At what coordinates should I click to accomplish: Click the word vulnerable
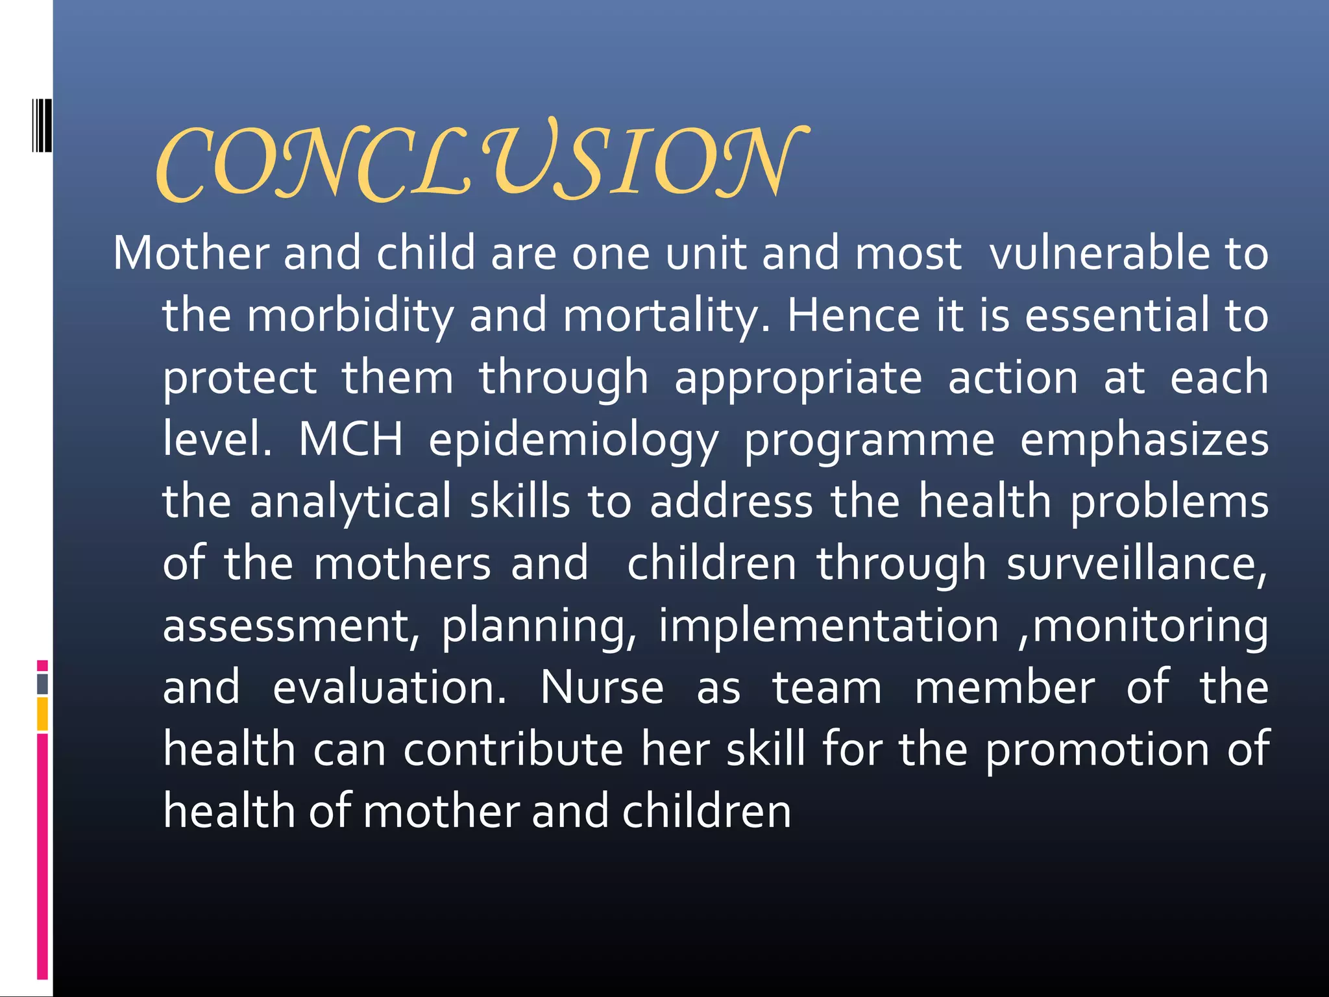[x=1099, y=253]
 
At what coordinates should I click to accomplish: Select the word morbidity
[x=350, y=315]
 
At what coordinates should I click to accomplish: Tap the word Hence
[x=853, y=315]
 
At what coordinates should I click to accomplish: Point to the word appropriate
[x=798, y=378]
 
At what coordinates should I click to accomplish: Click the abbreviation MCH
[x=350, y=439]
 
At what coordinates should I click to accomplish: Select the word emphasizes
[x=1144, y=440]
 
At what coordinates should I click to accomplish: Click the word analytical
[x=350, y=502]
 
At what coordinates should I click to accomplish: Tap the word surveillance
[x=1136, y=563]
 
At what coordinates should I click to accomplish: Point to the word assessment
[x=290, y=626]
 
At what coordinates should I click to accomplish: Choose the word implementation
[x=829, y=626]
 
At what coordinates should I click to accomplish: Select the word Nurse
[x=602, y=688]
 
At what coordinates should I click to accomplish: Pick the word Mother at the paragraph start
[x=191, y=253]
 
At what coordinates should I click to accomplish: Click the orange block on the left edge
[x=42, y=714]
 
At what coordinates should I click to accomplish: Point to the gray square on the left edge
[x=42, y=683]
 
